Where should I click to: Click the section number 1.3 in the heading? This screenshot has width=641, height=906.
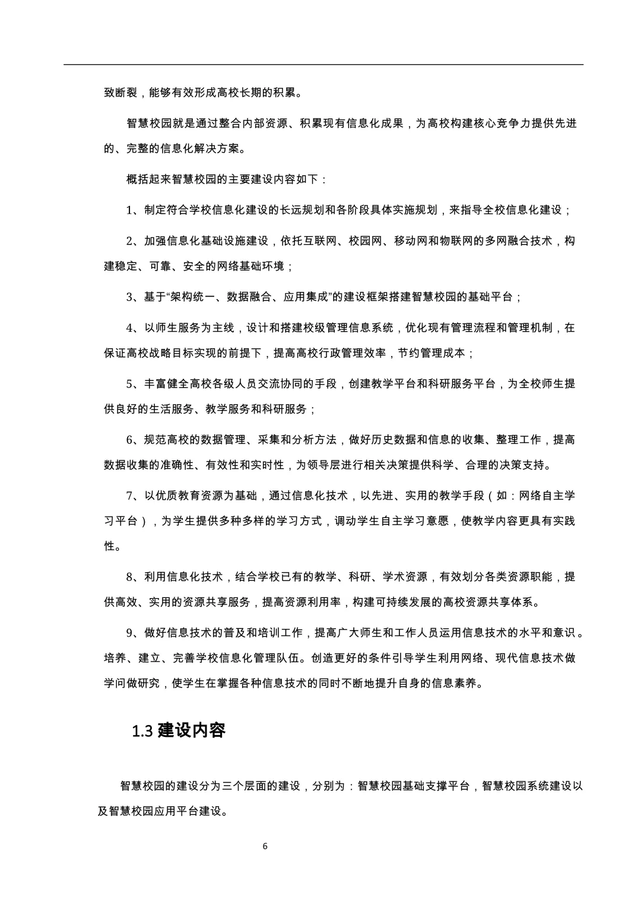coord(143,731)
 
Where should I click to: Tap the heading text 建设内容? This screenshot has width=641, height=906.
coord(192,730)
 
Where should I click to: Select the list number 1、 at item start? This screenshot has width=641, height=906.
coord(135,210)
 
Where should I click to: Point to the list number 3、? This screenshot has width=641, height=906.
coord(135,297)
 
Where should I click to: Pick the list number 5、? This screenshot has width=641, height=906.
coord(135,384)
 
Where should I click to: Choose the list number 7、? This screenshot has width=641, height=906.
coord(135,495)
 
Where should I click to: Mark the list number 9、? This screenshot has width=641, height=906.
coord(135,633)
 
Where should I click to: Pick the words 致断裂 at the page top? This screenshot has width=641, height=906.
coord(120,93)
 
